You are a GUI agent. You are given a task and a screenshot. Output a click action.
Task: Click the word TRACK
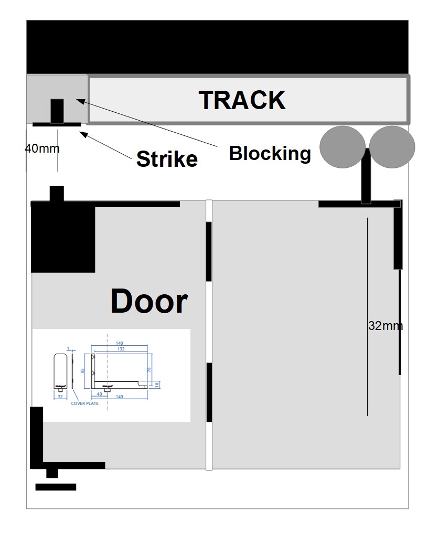click(x=242, y=100)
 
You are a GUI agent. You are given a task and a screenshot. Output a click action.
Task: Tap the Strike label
click(x=167, y=158)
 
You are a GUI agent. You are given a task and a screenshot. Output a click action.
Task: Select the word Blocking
click(x=270, y=153)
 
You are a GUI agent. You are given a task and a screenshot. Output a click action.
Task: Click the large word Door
click(x=149, y=302)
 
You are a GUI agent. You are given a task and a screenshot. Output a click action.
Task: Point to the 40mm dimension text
click(x=42, y=148)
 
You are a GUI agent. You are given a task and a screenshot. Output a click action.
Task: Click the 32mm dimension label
click(x=386, y=326)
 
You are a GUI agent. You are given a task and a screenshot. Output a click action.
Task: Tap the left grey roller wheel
click(x=343, y=147)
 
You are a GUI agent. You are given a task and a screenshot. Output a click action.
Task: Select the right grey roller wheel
click(x=392, y=147)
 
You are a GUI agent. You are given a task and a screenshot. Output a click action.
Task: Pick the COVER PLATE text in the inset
click(x=84, y=403)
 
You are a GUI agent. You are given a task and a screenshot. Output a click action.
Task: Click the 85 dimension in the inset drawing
click(x=83, y=370)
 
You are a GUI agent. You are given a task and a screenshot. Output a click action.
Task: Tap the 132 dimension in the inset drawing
click(x=120, y=349)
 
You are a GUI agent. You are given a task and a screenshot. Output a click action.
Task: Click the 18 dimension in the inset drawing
click(x=157, y=385)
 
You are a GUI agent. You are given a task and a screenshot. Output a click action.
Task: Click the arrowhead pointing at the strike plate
click(x=82, y=133)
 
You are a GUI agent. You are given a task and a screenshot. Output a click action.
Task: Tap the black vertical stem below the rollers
click(x=366, y=176)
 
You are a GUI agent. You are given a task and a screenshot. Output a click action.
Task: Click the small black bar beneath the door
click(x=56, y=487)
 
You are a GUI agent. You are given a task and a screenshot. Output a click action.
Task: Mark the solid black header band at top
click(x=217, y=47)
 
